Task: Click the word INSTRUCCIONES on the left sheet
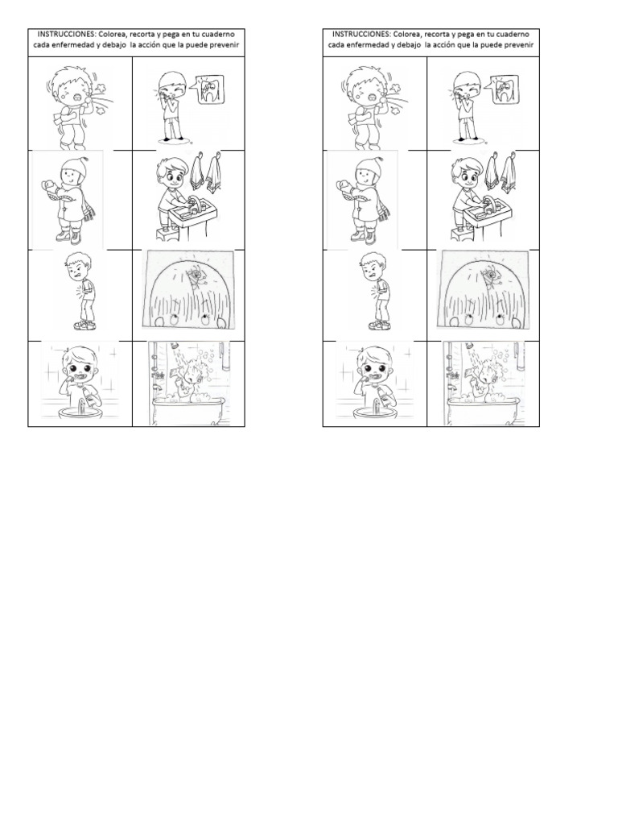pos(61,35)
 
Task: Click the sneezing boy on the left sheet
pos(70,106)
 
